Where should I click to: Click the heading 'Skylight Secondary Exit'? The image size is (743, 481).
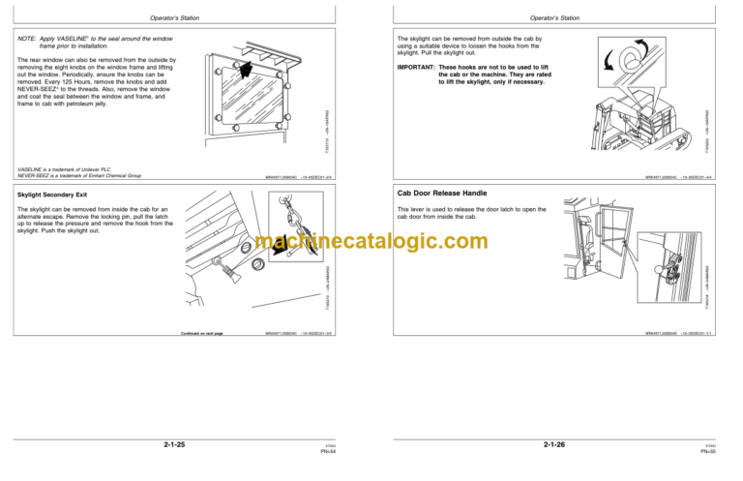pyautogui.click(x=57, y=195)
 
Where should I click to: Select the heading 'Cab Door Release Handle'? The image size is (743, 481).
pyautogui.click(x=436, y=193)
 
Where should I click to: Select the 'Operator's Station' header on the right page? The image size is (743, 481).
pyautogui.click(x=554, y=17)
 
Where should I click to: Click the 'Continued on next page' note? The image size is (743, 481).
pyautogui.click(x=202, y=333)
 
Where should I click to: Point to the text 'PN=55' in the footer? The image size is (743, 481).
pyautogui.click(x=708, y=451)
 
